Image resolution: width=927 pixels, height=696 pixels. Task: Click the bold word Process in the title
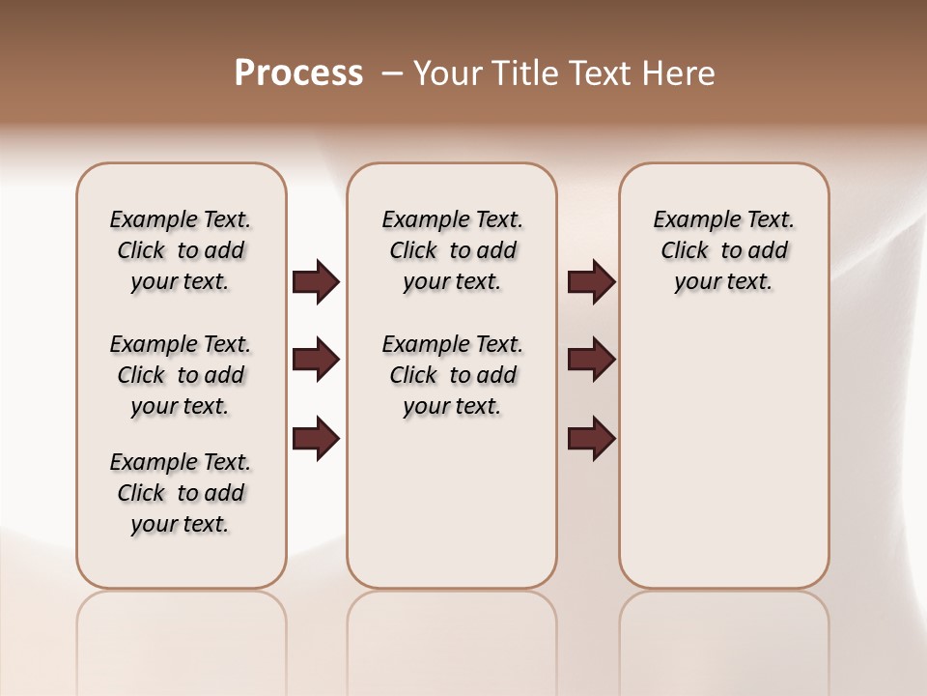point(298,73)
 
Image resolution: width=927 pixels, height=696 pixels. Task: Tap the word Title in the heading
point(526,73)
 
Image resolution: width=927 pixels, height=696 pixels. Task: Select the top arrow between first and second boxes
point(316,282)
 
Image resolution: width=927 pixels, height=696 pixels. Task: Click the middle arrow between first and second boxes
point(316,361)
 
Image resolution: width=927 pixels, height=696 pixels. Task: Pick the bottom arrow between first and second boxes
point(316,439)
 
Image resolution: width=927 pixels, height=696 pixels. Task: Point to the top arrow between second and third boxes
point(591,282)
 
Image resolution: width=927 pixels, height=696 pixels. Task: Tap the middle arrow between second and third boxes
point(591,361)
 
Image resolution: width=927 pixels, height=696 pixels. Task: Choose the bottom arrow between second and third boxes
point(591,439)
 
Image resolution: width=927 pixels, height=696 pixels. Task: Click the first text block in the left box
point(181,250)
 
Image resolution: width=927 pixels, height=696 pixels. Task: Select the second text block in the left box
point(181,375)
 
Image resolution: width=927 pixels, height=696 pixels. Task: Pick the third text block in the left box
point(181,493)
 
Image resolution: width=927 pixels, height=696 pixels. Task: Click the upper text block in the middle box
point(452,250)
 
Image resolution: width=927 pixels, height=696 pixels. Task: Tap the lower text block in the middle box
point(452,375)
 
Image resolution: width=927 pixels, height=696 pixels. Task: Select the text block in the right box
point(723,250)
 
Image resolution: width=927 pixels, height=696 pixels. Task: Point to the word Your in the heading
point(448,73)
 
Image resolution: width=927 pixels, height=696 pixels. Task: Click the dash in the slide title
point(392,73)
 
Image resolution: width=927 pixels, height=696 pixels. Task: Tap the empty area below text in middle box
point(452,503)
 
